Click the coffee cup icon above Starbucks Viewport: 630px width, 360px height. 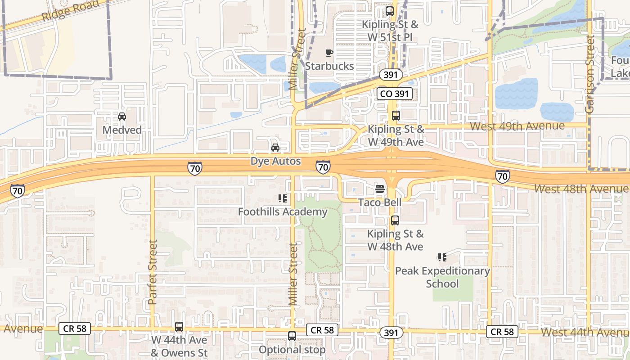coord(329,53)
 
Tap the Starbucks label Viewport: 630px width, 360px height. coord(329,66)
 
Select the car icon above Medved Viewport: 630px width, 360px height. coord(121,117)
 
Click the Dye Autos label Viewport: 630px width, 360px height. coord(275,161)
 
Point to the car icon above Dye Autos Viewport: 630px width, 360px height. coord(275,148)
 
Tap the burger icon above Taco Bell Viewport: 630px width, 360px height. coord(380,189)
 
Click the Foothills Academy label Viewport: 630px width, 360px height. coord(283,211)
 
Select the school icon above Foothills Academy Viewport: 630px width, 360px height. coord(283,198)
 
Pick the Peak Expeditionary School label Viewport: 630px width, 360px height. coord(442,277)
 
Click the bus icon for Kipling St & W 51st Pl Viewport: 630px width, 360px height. coord(390,11)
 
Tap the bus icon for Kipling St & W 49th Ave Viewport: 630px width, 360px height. coord(396,116)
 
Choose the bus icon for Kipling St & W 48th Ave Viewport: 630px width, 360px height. coord(395,220)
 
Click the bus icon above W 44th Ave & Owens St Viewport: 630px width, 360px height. coord(179,327)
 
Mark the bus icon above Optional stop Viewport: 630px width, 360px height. coord(292,336)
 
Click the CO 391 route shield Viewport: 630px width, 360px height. coord(394,94)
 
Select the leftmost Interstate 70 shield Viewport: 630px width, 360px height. coord(18,191)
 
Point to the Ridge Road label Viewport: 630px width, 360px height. coord(70,10)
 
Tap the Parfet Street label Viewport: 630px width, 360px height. coord(153,272)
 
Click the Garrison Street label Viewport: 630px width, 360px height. coord(590,74)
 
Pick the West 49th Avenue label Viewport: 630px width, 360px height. coord(517,126)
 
